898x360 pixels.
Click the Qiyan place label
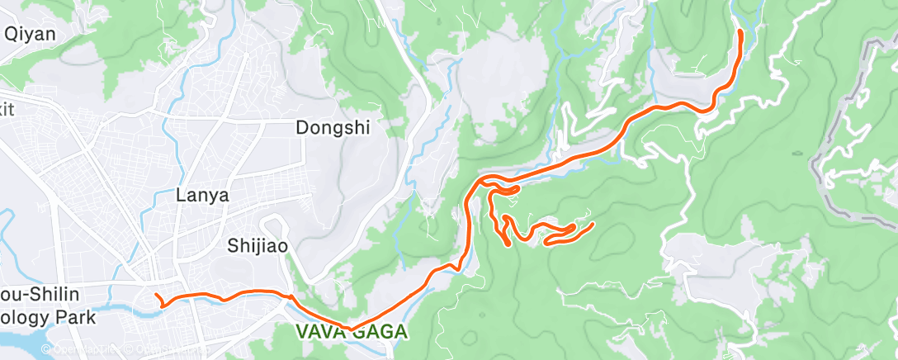[x=30, y=35]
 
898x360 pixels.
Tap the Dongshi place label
[x=333, y=128]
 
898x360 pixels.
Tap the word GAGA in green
[x=380, y=332]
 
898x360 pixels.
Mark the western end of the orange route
[x=156, y=295]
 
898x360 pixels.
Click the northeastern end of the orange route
[x=740, y=31]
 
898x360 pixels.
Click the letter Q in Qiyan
[x=12, y=35]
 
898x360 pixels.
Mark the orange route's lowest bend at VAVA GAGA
[x=351, y=329]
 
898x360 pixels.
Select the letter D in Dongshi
[x=302, y=128]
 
